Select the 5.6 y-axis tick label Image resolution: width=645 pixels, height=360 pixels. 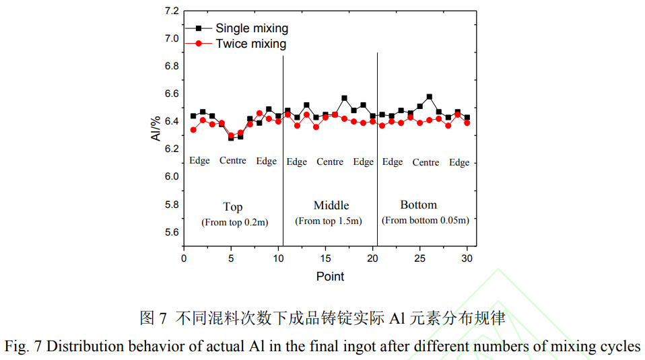172,232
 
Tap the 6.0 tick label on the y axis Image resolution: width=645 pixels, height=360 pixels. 172,177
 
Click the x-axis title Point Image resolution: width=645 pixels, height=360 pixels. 330,277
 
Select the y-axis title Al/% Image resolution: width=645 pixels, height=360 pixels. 156,128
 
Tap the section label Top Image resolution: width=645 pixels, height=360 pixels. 233,207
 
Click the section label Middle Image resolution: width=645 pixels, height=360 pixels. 331,205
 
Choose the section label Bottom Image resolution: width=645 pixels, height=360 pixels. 418,205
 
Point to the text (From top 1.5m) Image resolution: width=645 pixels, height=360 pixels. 329,221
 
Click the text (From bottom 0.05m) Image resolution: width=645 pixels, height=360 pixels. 425,220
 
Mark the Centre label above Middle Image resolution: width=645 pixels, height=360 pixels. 330,161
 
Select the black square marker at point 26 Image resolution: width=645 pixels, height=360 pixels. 430,97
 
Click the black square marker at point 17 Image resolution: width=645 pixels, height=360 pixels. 344,98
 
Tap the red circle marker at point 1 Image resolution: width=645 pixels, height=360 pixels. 193,130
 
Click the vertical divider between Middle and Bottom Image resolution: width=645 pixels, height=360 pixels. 377,148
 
